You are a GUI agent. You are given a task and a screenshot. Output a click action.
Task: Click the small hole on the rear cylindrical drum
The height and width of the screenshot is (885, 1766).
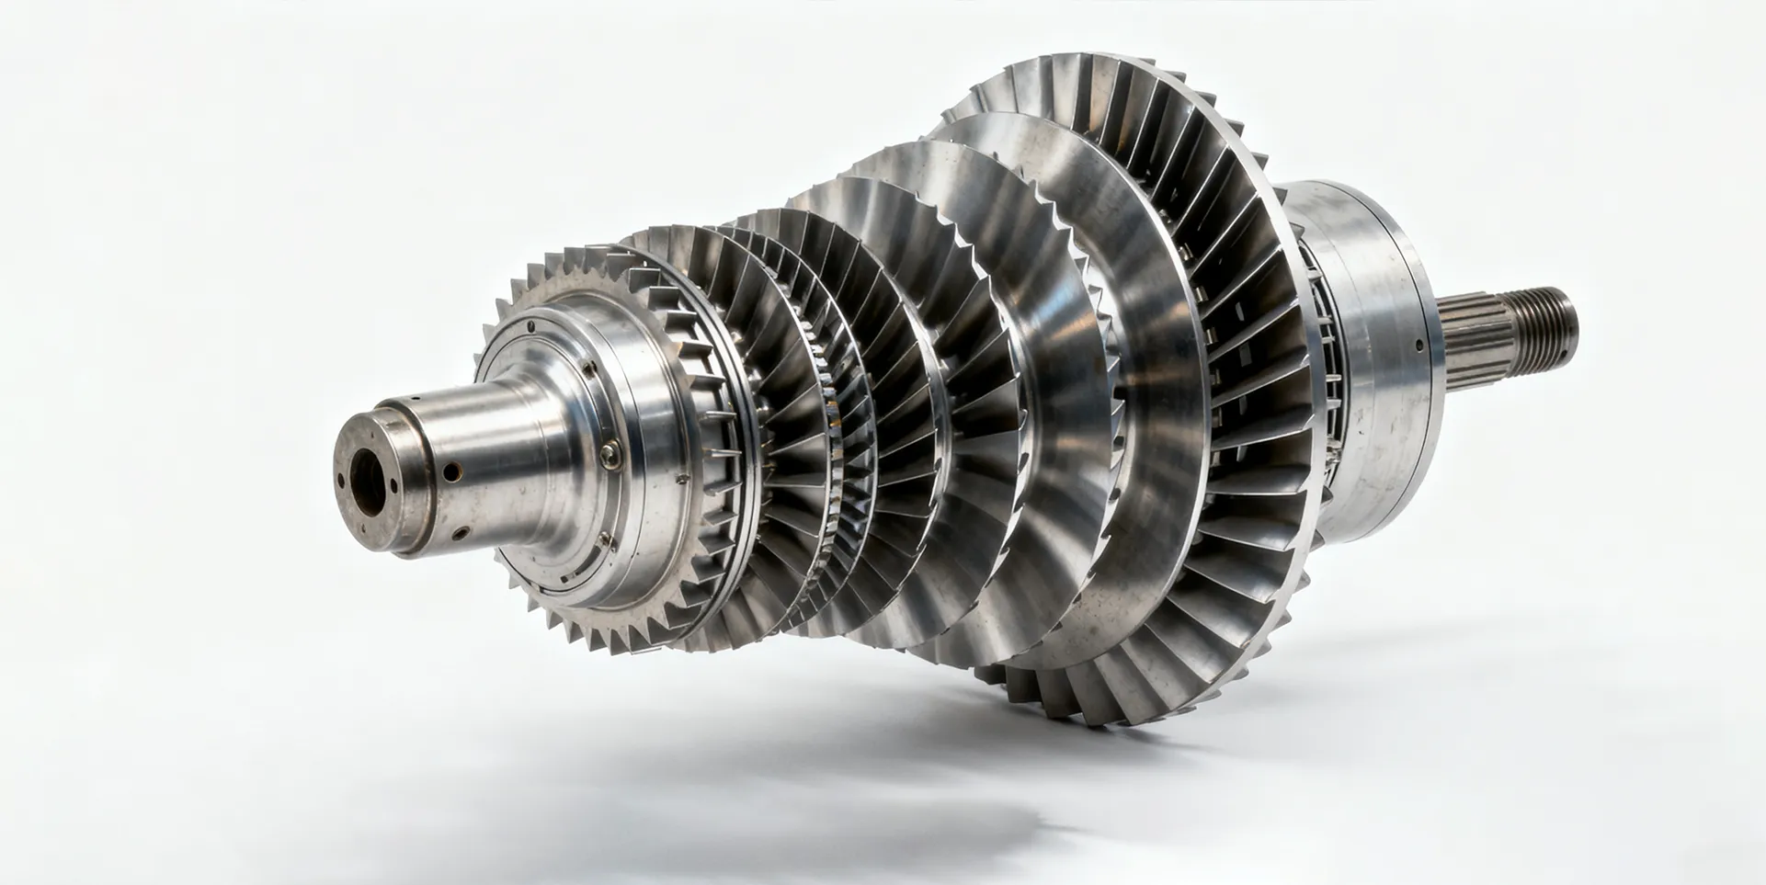(x=1419, y=347)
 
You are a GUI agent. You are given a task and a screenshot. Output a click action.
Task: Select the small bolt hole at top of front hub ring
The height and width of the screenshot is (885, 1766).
(x=531, y=324)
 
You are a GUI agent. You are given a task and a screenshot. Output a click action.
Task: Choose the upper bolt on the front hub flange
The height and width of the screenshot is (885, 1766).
(x=589, y=369)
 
